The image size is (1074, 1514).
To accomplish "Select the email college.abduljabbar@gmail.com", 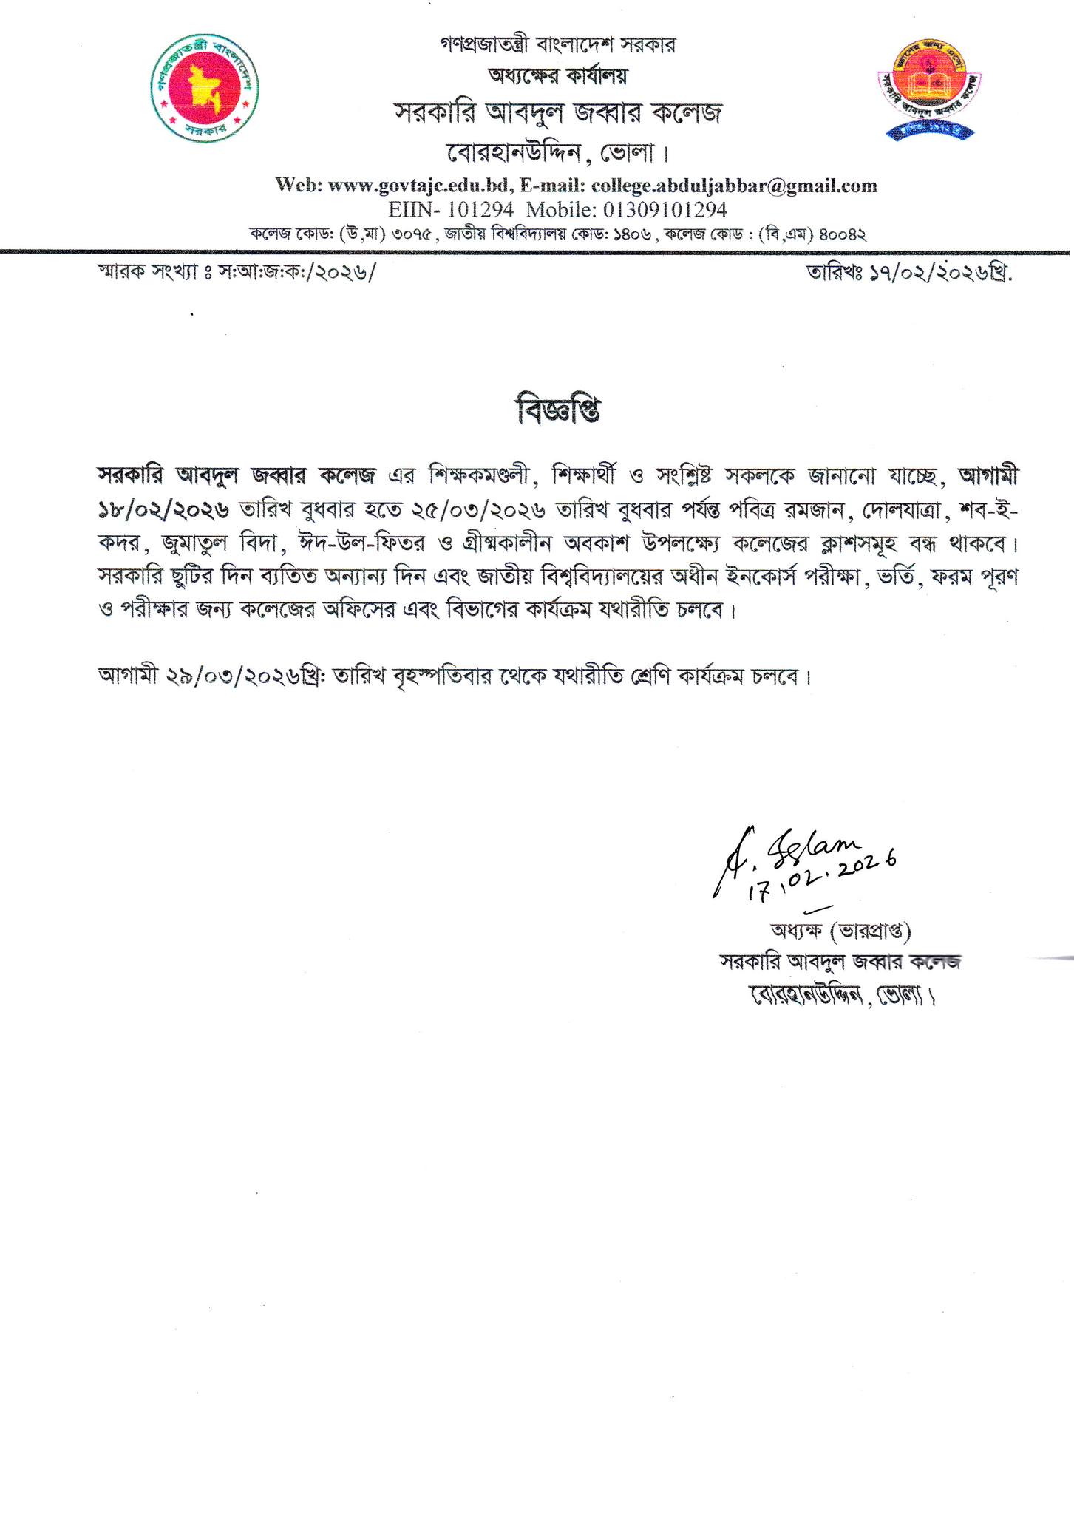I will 735,186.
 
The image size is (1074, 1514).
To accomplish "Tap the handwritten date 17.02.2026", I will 820,880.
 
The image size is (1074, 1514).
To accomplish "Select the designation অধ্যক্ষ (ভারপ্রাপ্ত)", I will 840,930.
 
